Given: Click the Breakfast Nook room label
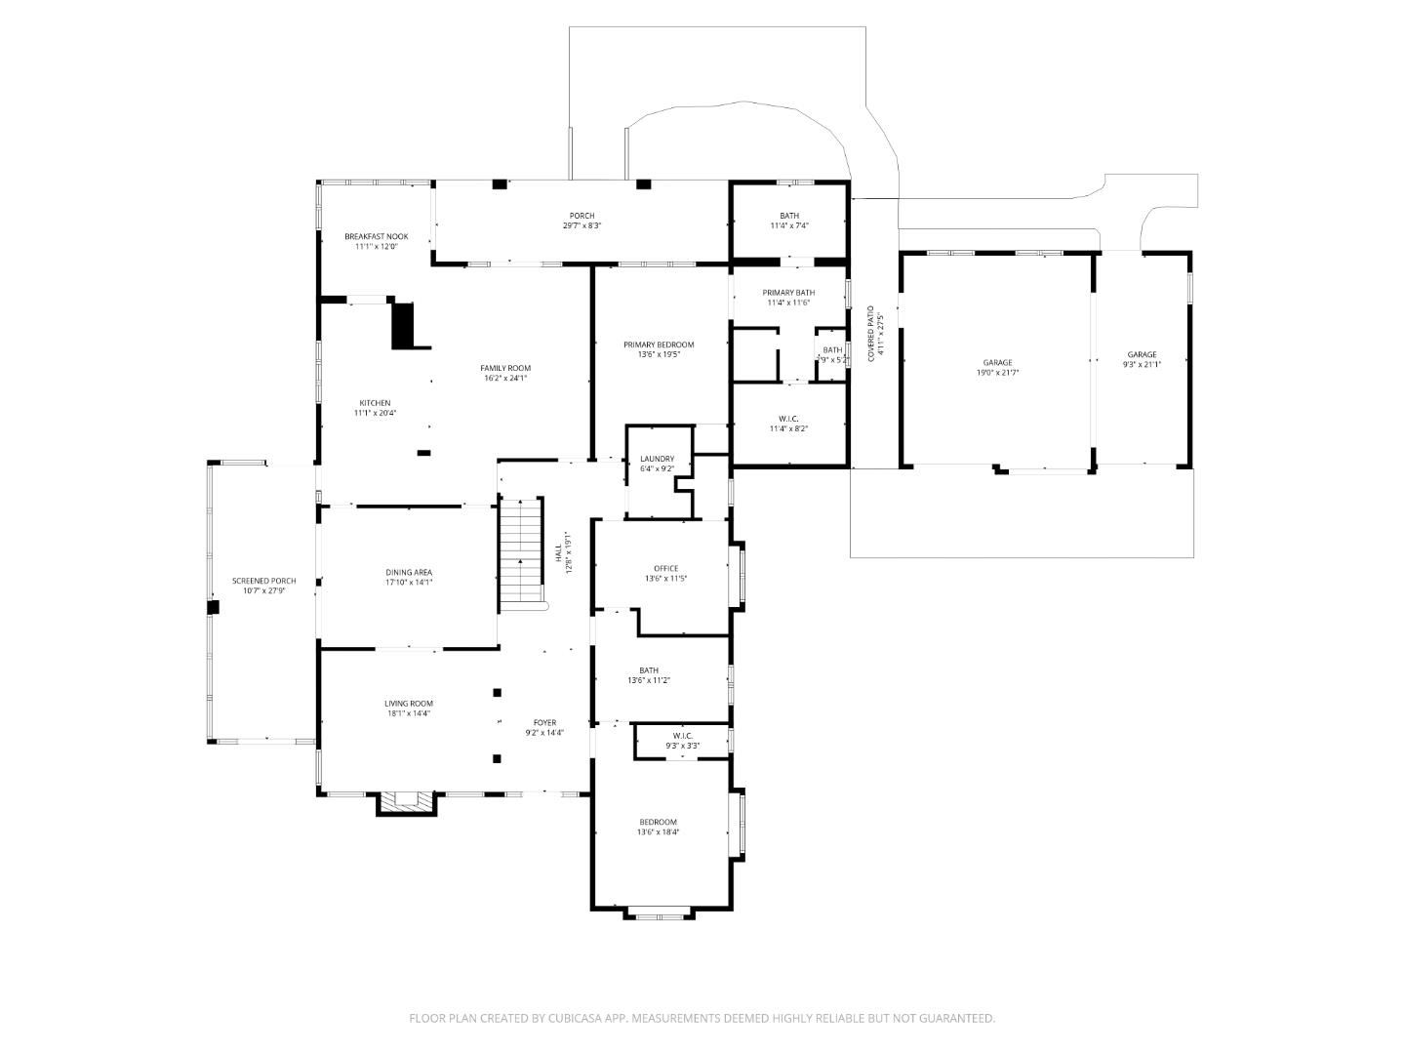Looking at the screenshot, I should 376,236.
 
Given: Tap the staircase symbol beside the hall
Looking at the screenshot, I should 521,551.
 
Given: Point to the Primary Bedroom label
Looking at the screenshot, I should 659,345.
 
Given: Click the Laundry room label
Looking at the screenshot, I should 657,459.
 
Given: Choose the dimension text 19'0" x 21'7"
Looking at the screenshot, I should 997,373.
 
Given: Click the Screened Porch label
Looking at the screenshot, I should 263,581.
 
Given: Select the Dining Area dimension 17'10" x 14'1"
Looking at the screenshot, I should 409,582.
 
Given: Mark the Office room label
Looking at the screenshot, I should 665,568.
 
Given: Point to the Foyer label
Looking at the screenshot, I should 544,722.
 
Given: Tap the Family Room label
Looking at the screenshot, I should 505,368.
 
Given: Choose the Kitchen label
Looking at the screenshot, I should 375,403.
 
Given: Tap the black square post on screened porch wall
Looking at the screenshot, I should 213,607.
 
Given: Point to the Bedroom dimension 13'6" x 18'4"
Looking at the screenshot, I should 658,832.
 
